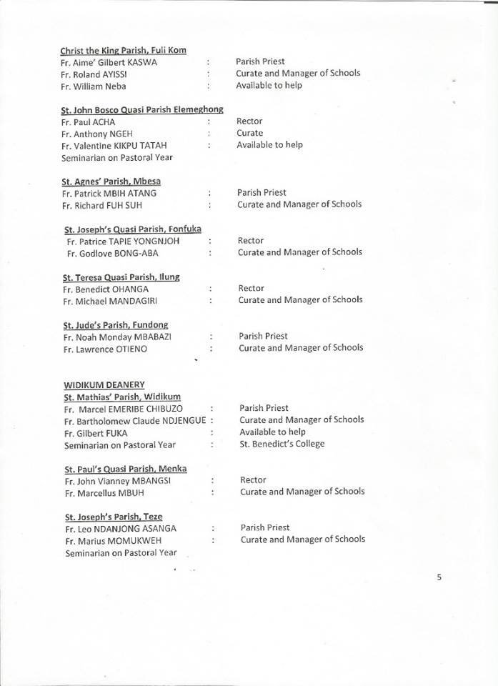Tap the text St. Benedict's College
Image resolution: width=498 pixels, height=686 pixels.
(282, 444)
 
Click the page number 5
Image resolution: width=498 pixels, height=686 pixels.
(439, 577)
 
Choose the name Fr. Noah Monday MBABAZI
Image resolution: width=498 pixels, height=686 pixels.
(117, 337)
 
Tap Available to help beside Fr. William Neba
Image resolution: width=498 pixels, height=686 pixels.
(269, 85)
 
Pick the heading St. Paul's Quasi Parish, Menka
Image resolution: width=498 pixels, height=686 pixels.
(126, 469)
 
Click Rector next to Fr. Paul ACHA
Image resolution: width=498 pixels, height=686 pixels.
(249, 121)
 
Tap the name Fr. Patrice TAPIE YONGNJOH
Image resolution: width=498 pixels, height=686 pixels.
(123, 241)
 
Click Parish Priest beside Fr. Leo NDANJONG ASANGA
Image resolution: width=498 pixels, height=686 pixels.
(265, 527)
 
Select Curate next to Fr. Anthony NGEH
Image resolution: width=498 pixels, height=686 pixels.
(249, 133)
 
